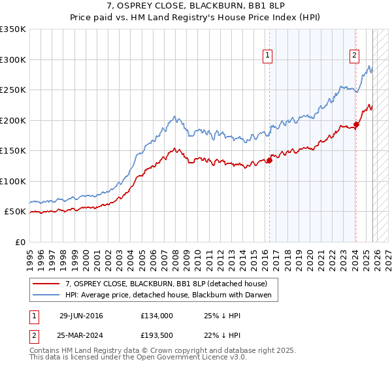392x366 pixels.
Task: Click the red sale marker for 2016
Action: coord(269,161)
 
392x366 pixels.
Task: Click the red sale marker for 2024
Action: coord(356,124)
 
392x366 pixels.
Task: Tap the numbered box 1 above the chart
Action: coord(269,56)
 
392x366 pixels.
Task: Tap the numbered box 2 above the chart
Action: coord(354,56)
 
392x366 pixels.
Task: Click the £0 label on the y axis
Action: coord(20,242)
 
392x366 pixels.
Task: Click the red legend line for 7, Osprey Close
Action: coord(47,284)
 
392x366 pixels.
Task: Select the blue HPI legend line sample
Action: coord(47,295)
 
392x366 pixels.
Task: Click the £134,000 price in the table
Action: coord(156,316)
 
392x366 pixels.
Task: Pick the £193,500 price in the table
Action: coord(156,335)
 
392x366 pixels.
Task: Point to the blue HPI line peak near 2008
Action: coord(174,116)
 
